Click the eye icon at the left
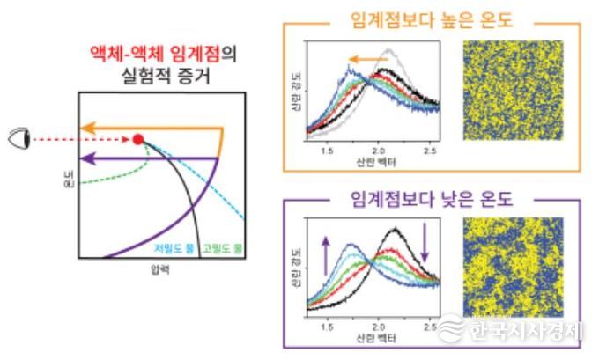[19, 139]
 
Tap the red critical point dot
[138, 138]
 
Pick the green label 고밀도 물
[217, 246]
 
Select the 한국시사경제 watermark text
[524, 331]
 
